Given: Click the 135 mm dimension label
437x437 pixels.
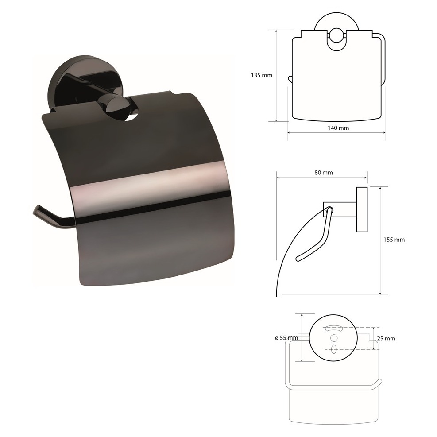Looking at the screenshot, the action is (261, 75).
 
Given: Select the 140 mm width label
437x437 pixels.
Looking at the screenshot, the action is (338, 128).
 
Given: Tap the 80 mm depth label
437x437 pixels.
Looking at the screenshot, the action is (324, 173).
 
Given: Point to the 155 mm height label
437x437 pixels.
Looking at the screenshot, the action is (394, 240).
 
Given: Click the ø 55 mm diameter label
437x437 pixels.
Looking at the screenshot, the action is (286, 338).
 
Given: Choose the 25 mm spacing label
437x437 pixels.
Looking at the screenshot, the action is (386, 339).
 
